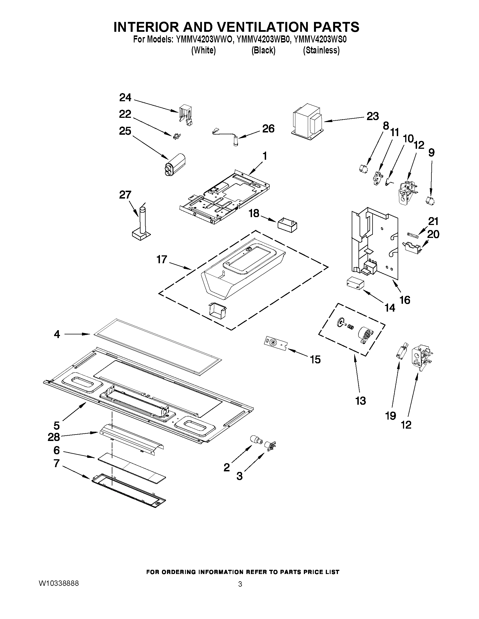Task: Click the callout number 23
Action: (x=373, y=116)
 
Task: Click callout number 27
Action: (x=125, y=195)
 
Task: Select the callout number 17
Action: (x=162, y=259)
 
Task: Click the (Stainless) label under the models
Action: (x=321, y=50)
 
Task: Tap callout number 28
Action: (x=54, y=437)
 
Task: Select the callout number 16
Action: (x=405, y=300)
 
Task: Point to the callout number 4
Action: (x=57, y=334)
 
